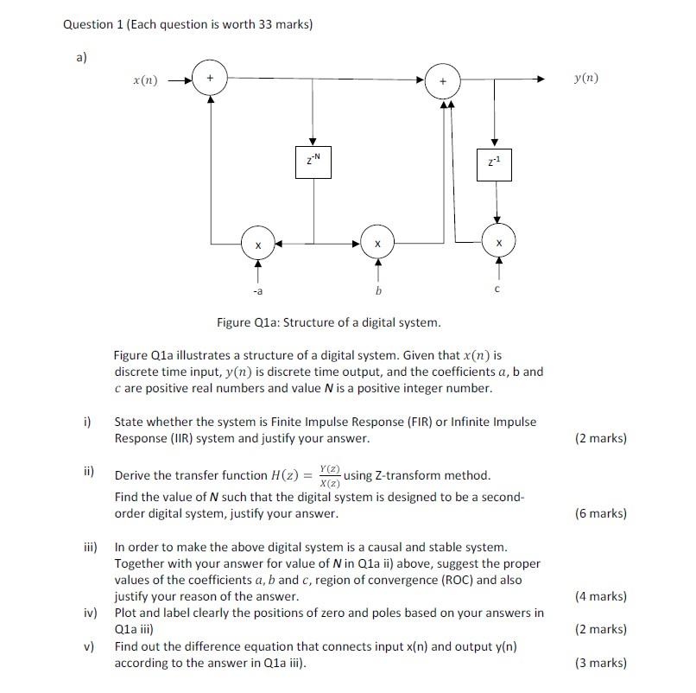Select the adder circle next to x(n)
(x=210, y=79)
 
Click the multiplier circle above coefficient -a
(x=257, y=245)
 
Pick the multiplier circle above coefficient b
(x=376, y=245)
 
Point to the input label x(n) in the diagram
(x=144, y=79)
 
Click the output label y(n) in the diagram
(x=585, y=79)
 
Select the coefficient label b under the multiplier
(x=376, y=291)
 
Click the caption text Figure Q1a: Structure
(x=328, y=322)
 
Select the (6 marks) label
(x=600, y=513)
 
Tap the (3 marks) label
(x=600, y=664)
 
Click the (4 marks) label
(x=600, y=596)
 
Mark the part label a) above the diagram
(x=80, y=57)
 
